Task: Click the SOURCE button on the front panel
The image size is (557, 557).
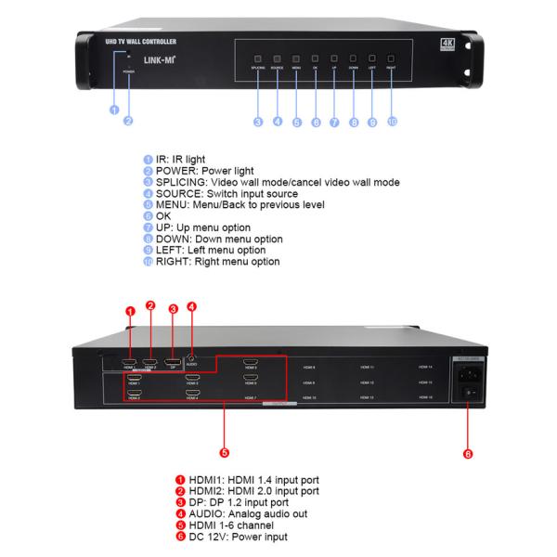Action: (x=277, y=58)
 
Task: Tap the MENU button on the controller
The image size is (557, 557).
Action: (x=296, y=58)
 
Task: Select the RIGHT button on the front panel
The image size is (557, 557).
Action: (x=391, y=58)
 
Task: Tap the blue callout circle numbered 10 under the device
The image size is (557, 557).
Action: (x=391, y=122)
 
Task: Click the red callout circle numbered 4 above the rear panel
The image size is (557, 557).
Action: (x=191, y=307)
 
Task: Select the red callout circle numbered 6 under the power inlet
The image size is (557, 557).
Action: (x=467, y=454)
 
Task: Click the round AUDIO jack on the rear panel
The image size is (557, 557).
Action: (x=191, y=359)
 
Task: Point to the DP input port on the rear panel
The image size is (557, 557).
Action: (x=172, y=360)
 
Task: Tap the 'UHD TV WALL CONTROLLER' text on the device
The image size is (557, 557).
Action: (x=141, y=43)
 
